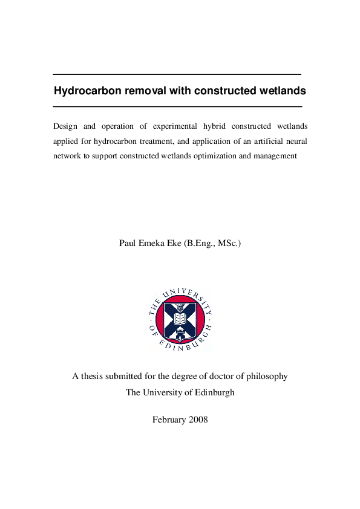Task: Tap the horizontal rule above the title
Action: coord(177,74)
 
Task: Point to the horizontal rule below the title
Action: coord(177,106)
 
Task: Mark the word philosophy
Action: coord(266,376)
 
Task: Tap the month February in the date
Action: coord(169,420)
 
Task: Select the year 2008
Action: coord(198,420)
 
